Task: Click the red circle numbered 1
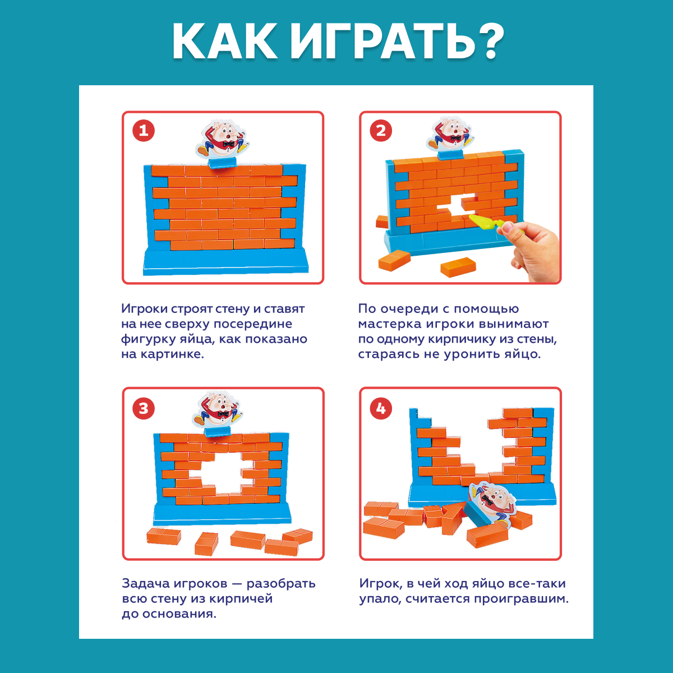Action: pyautogui.click(x=144, y=131)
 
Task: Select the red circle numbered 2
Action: pyautogui.click(x=381, y=131)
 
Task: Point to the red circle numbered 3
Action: pyautogui.click(x=144, y=409)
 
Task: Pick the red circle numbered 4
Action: pyautogui.click(x=381, y=409)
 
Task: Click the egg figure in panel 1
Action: pyautogui.click(x=223, y=139)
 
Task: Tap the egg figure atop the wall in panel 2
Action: pyautogui.click(x=450, y=136)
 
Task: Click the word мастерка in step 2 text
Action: pyautogui.click(x=390, y=324)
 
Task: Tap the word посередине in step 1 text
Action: pyautogui.click(x=252, y=325)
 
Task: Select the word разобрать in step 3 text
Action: pyautogui.click(x=281, y=584)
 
